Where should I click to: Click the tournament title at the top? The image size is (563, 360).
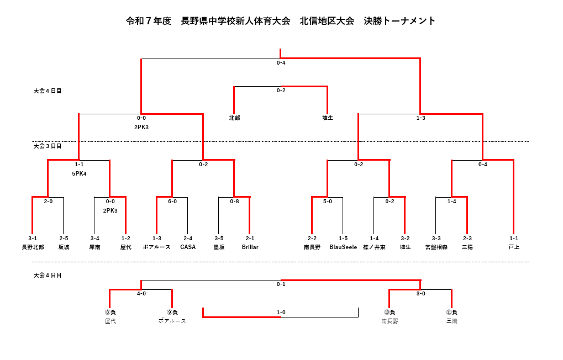(x=281, y=21)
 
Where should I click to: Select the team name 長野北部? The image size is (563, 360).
(x=33, y=247)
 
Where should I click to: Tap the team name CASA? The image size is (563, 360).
(x=188, y=247)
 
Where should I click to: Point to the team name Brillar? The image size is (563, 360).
(x=250, y=247)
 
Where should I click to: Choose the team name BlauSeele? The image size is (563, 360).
(x=343, y=247)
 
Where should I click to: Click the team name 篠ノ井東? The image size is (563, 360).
(x=374, y=247)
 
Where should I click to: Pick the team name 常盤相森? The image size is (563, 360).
(x=436, y=247)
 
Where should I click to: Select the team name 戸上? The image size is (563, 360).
(x=514, y=247)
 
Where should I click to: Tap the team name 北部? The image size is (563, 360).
(x=234, y=118)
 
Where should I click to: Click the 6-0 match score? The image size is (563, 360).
(x=172, y=202)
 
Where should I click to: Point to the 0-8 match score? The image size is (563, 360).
(x=234, y=202)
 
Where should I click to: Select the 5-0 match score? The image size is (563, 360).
(x=328, y=202)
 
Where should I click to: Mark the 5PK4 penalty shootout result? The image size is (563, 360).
(x=79, y=174)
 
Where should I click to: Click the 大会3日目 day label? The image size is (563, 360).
(x=48, y=146)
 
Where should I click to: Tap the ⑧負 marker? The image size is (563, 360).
(x=110, y=313)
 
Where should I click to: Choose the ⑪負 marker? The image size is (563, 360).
(x=451, y=313)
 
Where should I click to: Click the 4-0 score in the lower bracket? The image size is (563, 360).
(x=141, y=294)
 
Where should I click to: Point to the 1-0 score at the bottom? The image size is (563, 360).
(x=281, y=313)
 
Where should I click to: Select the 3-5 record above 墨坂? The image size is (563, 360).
(x=219, y=239)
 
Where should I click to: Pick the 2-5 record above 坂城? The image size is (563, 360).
(x=64, y=239)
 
